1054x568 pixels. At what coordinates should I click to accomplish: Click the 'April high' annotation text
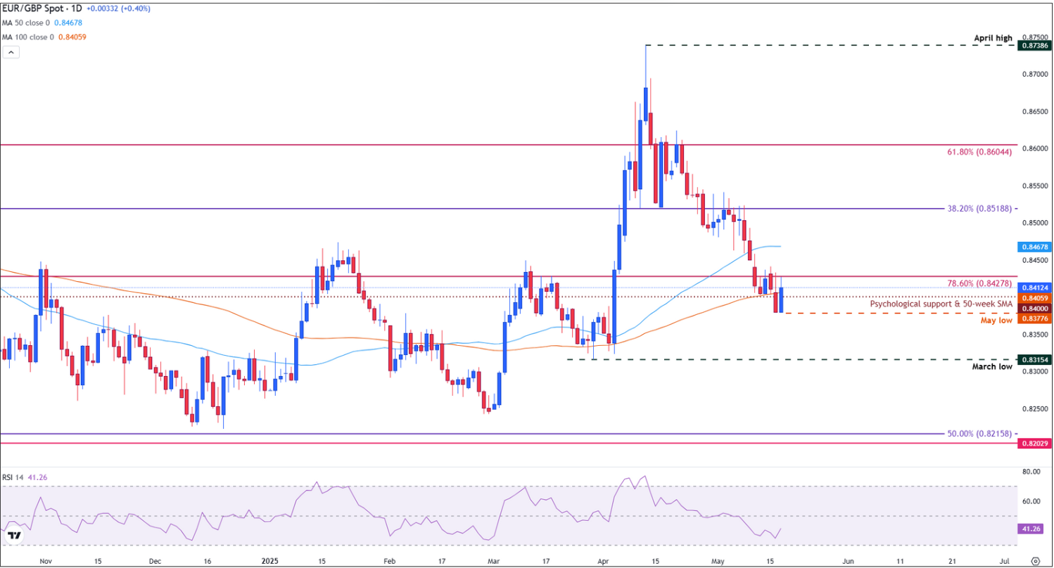pos(993,37)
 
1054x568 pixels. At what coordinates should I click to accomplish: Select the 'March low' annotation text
pos(992,367)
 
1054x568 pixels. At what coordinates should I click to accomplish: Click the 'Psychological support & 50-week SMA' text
pos(941,304)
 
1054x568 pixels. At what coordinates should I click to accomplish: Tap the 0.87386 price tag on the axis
pos(1034,45)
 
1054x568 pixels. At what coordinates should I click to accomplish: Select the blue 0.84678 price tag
pos(1034,247)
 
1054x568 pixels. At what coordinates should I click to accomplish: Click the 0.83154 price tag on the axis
pos(1034,359)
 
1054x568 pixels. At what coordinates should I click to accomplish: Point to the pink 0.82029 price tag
pos(1034,444)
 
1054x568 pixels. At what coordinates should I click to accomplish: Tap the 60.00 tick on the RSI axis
pos(1031,501)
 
